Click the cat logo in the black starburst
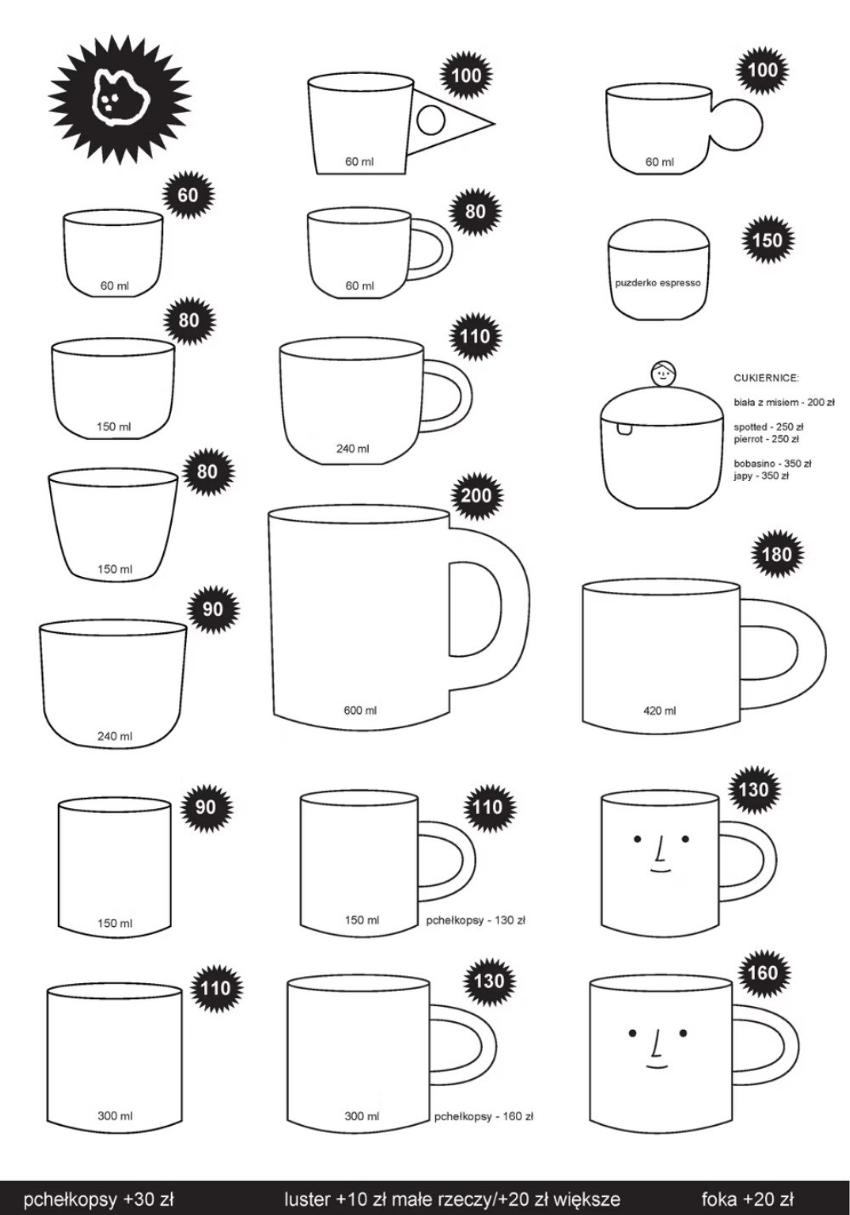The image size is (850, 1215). (119, 99)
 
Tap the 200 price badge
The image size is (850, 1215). (477, 495)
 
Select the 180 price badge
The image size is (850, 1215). (777, 554)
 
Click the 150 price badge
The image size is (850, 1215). (768, 240)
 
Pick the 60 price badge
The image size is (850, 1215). (188, 195)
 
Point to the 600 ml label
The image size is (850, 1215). (360, 710)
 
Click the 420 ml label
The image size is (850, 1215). (660, 710)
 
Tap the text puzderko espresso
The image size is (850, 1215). (658, 283)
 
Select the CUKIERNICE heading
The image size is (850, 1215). (767, 378)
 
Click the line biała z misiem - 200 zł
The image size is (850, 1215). (785, 403)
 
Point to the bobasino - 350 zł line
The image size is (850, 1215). (773, 464)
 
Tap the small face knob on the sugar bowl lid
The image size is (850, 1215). (663, 374)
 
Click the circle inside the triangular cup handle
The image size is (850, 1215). (431, 121)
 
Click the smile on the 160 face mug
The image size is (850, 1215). (657, 1065)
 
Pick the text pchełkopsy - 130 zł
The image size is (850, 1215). (475, 920)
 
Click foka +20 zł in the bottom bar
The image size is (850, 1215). (747, 1198)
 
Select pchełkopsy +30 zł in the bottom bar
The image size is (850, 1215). (99, 1199)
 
